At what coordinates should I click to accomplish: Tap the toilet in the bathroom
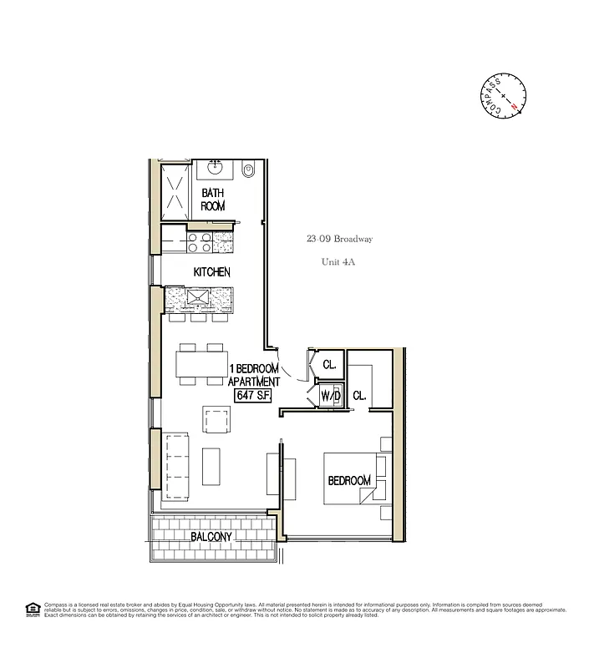click(246, 172)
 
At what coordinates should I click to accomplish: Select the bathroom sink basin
click(216, 166)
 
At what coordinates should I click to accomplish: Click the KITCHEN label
click(211, 272)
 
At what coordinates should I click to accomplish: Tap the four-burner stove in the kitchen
click(199, 242)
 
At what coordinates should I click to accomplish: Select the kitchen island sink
click(200, 296)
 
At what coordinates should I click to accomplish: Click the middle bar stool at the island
click(198, 317)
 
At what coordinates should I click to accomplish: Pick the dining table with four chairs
click(201, 365)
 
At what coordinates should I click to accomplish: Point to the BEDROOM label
click(348, 481)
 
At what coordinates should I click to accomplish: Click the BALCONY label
click(211, 536)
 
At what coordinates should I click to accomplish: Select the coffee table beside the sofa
click(212, 467)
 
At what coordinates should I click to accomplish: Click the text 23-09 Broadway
click(339, 239)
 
